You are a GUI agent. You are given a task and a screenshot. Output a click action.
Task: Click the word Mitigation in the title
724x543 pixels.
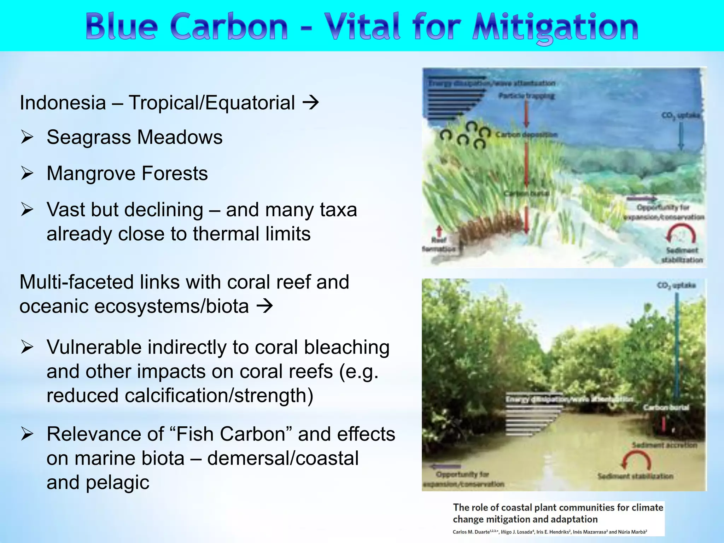555,27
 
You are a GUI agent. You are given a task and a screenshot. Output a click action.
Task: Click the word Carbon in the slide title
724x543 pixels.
229,27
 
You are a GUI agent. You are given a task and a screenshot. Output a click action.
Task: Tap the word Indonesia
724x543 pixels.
63,103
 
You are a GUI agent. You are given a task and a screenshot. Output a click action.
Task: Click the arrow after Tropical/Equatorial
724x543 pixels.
311,103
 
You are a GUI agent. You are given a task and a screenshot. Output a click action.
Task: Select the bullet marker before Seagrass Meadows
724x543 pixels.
27,137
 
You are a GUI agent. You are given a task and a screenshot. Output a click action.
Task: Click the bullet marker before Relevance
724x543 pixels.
27,434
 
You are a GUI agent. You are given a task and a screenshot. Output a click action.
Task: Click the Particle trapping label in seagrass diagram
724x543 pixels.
526,96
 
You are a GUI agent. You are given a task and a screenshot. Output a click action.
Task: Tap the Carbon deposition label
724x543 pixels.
526,135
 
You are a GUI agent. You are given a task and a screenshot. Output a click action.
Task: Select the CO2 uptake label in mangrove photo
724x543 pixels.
676,285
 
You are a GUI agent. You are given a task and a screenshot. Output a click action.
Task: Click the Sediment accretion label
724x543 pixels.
664,445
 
